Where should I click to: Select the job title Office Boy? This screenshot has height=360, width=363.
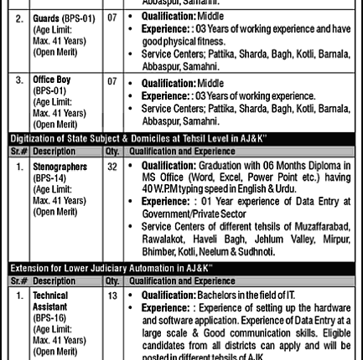[x=52, y=80]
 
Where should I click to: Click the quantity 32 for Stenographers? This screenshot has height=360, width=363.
[x=111, y=167]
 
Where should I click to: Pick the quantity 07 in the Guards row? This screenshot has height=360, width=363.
[x=111, y=18]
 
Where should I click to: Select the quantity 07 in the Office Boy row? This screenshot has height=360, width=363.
[x=111, y=80]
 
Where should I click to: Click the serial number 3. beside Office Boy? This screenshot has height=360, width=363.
[x=19, y=80]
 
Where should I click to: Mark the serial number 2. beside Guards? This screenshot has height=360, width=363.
[x=19, y=18]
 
